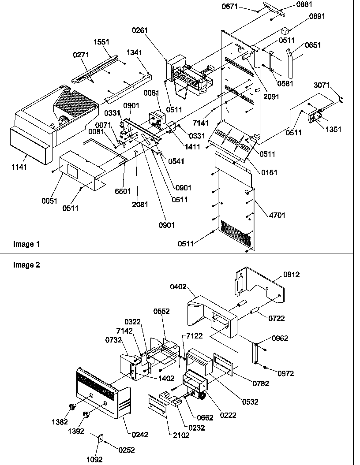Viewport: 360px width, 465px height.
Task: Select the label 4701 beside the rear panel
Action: [x=277, y=215]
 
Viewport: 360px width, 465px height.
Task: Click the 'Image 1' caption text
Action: [x=23, y=244]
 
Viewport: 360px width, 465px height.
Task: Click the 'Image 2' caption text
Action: [x=23, y=265]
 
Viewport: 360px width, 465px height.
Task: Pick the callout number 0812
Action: [x=292, y=275]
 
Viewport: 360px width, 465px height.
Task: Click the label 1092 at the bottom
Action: [x=94, y=459]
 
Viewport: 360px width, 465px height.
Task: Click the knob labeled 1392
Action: [x=86, y=414]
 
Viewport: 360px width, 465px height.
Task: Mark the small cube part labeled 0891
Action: [x=285, y=31]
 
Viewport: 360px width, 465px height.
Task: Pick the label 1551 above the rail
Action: [x=102, y=42]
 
